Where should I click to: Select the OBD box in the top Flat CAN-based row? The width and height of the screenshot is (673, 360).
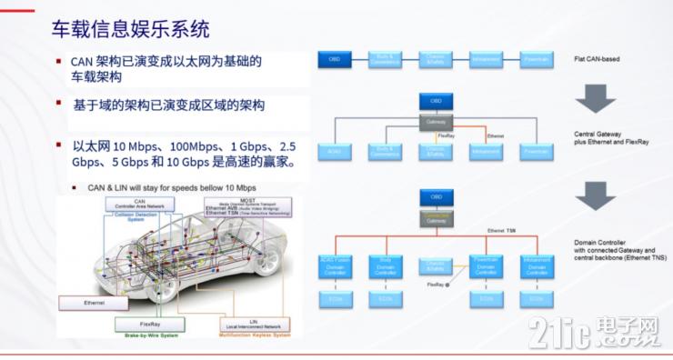(334, 59)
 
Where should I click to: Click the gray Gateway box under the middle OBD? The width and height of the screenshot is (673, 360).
(437, 121)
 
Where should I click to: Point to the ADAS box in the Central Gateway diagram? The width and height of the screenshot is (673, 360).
(333, 150)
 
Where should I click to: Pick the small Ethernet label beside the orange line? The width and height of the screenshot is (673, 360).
(496, 135)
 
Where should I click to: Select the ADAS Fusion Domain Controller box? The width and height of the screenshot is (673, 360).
(334, 265)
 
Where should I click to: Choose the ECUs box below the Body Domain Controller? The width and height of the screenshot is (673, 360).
(386, 297)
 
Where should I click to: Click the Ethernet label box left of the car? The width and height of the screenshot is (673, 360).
(94, 301)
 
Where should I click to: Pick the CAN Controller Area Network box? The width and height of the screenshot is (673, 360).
(139, 205)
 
